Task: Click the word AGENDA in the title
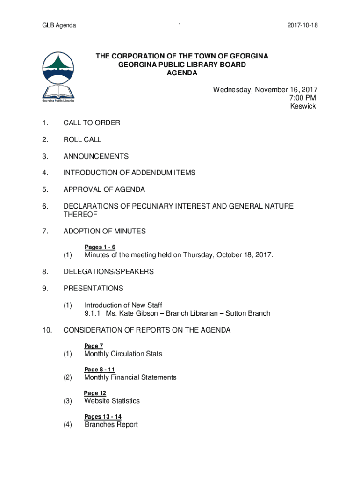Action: click(x=182, y=73)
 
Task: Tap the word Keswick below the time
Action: click(x=303, y=106)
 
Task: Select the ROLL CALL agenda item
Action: click(x=82, y=139)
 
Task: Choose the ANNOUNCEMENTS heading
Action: click(x=96, y=156)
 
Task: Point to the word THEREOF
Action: click(x=80, y=214)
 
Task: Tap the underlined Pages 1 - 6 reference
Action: click(x=100, y=247)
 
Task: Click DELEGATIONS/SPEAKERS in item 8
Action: click(x=108, y=271)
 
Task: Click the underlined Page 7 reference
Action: click(x=94, y=346)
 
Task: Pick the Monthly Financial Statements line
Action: click(x=130, y=377)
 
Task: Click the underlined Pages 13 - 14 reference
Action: click(x=103, y=416)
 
